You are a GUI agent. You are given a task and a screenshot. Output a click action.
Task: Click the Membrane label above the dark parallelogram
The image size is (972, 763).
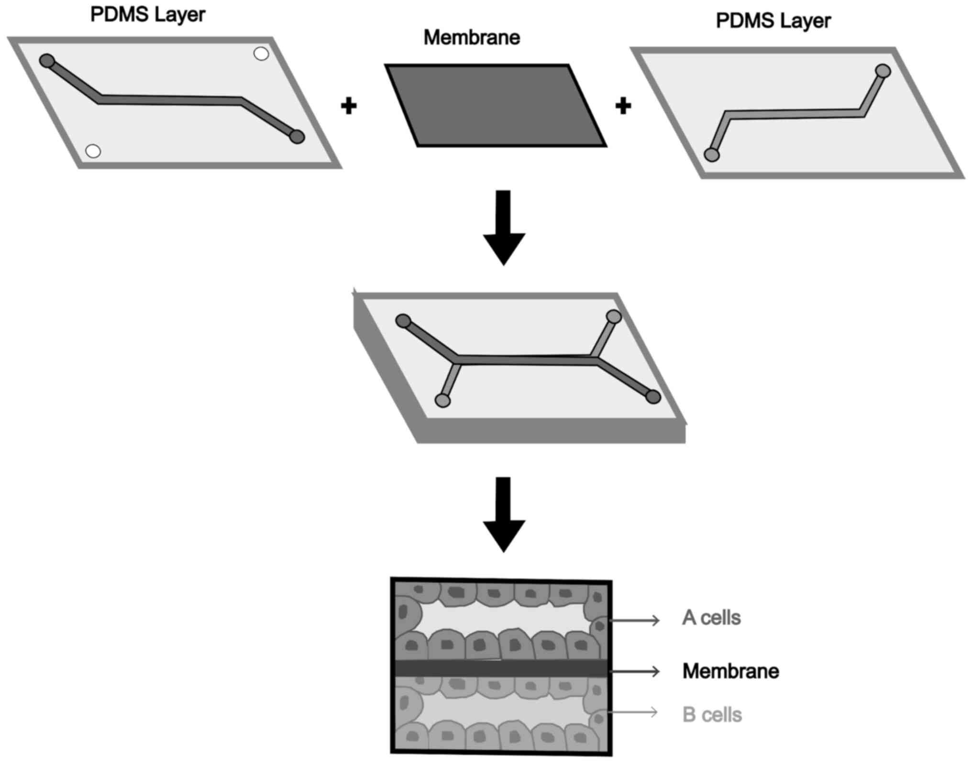(471, 38)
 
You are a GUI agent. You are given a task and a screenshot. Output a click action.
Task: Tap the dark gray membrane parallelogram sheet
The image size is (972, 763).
(496, 106)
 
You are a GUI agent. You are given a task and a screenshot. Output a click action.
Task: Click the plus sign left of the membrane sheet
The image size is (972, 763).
(349, 106)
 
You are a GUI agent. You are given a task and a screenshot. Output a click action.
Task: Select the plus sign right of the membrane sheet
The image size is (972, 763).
(623, 106)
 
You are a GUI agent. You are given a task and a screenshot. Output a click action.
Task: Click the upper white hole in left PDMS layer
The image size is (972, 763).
(261, 54)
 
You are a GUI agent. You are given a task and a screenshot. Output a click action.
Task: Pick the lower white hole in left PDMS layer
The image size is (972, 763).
(93, 151)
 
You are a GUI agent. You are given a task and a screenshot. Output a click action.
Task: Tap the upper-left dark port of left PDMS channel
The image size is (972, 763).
(47, 61)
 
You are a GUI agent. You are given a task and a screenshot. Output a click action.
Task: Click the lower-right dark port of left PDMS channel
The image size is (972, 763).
(297, 137)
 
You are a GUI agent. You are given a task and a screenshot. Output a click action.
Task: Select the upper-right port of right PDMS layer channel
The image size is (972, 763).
(883, 71)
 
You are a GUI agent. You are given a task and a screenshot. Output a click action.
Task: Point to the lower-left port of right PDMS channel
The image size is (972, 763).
(712, 155)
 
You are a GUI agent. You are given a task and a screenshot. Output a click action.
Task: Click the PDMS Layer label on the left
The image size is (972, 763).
(147, 15)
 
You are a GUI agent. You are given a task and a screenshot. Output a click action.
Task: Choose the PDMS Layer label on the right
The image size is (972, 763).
(773, 21)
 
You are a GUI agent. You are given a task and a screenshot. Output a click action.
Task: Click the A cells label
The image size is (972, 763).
(711, 618)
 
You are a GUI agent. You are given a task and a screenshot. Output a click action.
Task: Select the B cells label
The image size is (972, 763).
(712, 715)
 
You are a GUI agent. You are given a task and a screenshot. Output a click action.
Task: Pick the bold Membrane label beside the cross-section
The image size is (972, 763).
(730, 671)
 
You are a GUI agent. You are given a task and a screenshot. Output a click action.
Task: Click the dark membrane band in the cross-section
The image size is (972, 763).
(500, 668)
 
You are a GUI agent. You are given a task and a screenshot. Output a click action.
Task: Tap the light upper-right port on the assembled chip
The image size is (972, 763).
(613, 316)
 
